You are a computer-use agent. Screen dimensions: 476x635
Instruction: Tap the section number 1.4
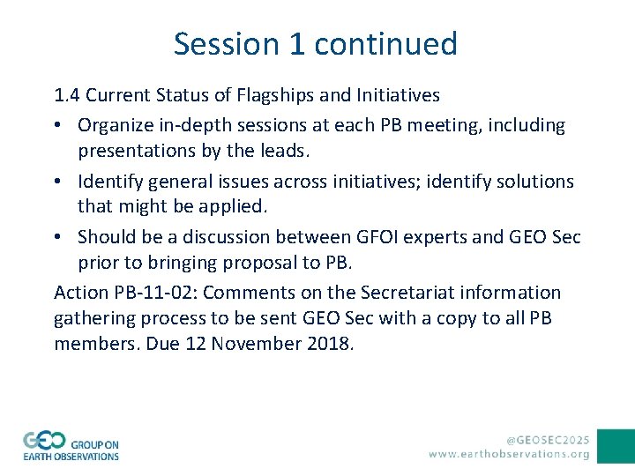tap(67, 94)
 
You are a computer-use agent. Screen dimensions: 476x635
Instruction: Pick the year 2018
tap(330, 344)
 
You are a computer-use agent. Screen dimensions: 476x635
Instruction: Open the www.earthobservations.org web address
tap(509, 454)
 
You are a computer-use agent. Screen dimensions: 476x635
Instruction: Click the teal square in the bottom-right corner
tap(616, 446)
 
